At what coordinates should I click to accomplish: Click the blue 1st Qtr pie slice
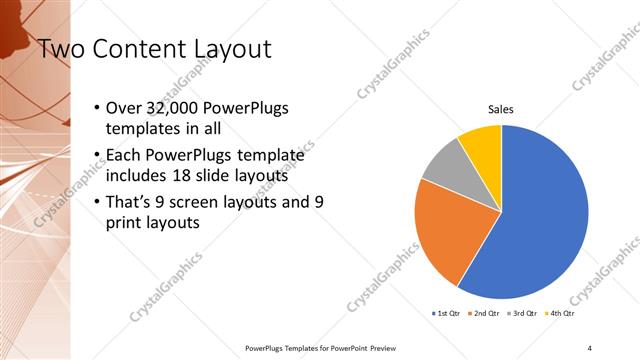pos(540,220)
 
